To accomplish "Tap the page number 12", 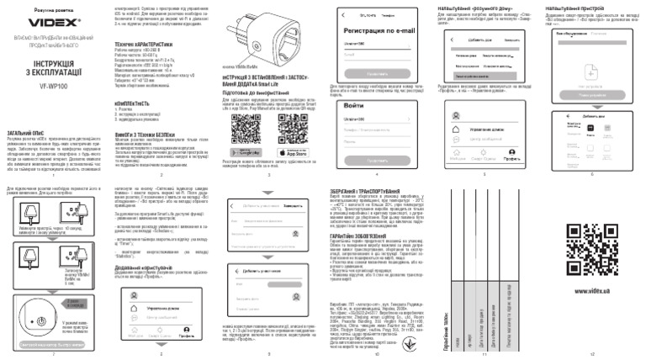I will (592, 355).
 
